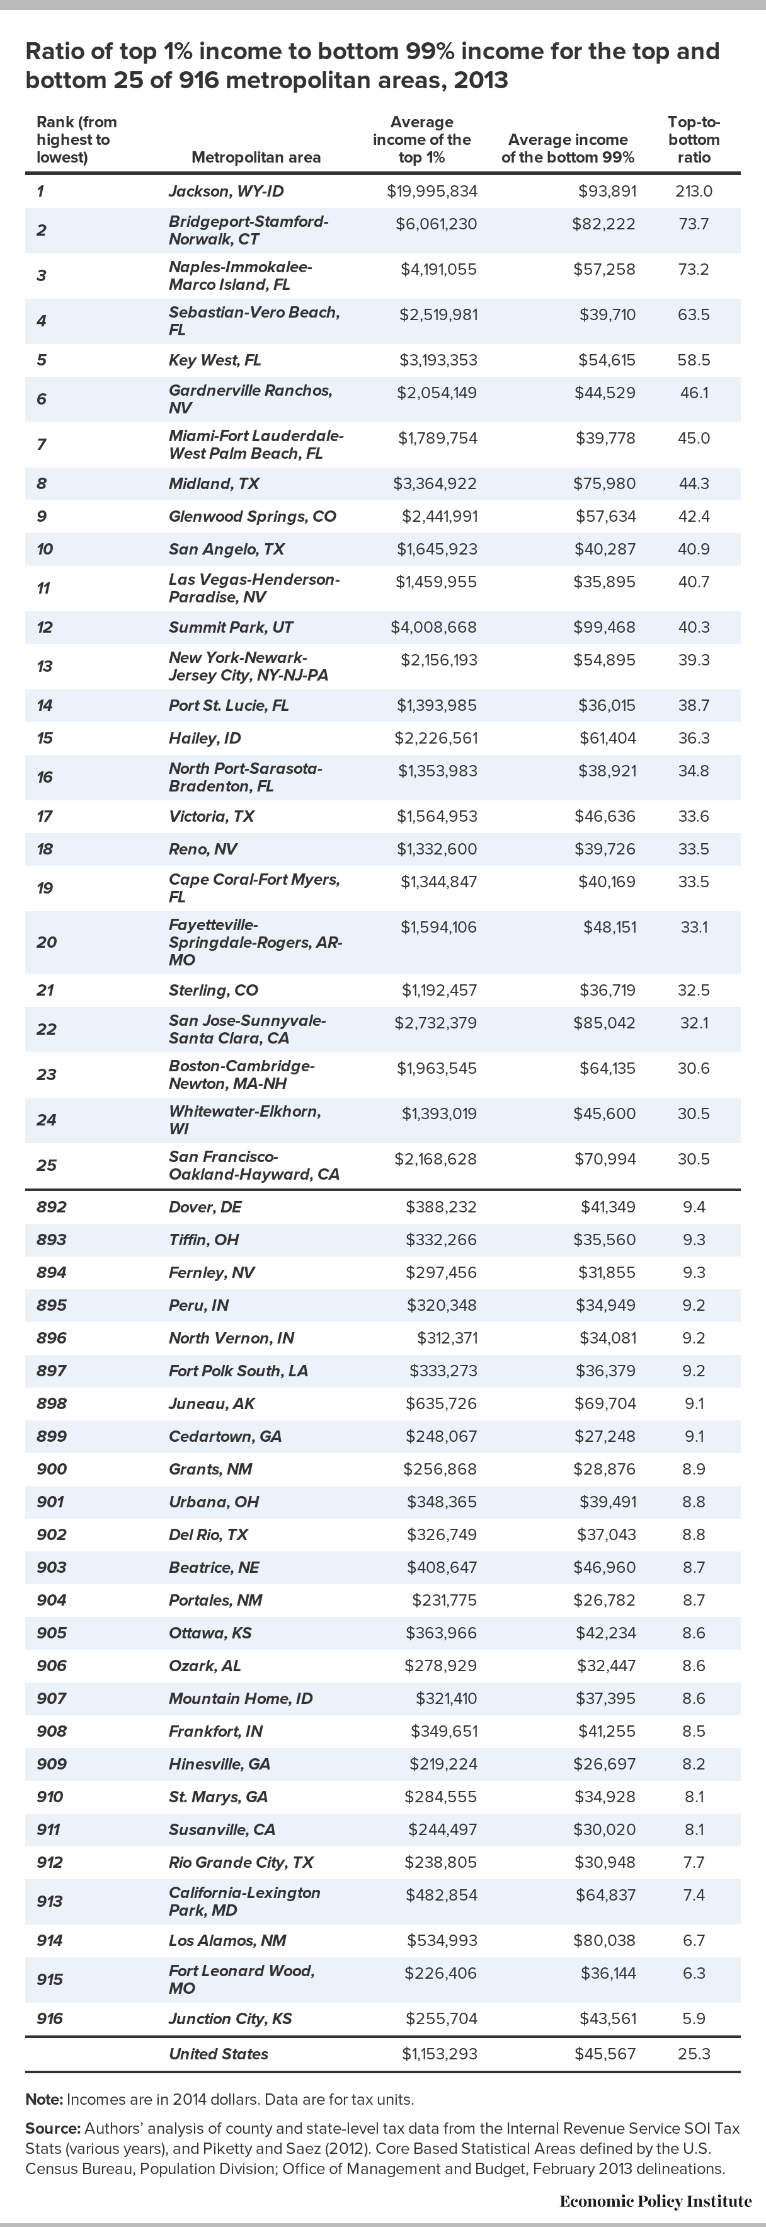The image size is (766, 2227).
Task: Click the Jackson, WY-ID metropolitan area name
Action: [x=226, y=191]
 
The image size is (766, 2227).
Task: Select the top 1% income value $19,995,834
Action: [x=432, y=191]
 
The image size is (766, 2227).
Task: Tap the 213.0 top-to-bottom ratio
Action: [x=694, y=191]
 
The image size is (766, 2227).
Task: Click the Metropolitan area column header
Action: [x=256, y=158]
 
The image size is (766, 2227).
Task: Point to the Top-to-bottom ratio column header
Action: [x=694, y=139]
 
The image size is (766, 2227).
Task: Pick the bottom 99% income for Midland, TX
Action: [x=603, y=483]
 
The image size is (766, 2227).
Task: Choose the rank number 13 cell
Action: [x=45, y=665]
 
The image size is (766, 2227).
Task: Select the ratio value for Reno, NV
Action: [x=694, y=849]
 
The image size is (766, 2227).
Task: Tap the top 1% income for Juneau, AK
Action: [x=441, y=1403]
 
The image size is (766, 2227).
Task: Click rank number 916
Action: [x=50, y=2018]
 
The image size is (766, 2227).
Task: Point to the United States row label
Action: [x=219, y=2053]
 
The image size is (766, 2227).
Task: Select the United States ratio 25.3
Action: [x=694, y=2053]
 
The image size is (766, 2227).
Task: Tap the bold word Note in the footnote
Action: [x=43, y=2098]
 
